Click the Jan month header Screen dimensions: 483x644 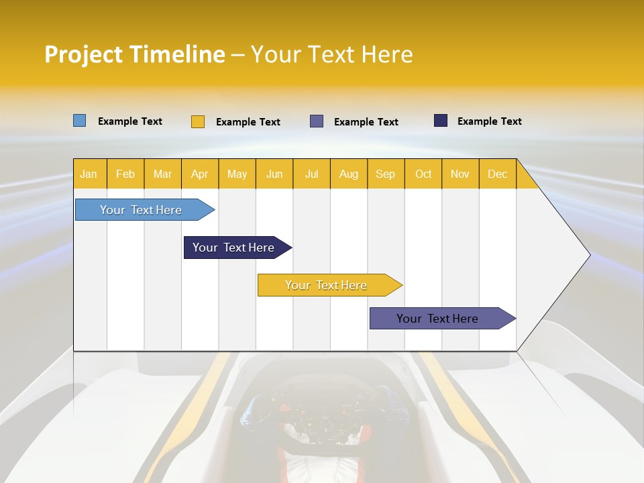coord(89,174)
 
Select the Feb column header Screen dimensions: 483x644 coord(125,174)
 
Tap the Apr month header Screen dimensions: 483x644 coord(199,174)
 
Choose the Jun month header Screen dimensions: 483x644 coord(274,174)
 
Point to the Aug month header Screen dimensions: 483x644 coord(348,174)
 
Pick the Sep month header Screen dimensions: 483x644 coord(385,174)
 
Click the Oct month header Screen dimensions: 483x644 coord(423,174)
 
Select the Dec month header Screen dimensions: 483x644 coord(497,174)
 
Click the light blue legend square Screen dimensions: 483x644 coord(79,121)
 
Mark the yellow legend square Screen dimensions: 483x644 coord(198,121)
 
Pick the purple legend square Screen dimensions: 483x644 coord(317,121)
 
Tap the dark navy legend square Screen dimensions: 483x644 coord(441,121)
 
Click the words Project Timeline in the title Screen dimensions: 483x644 coord(134,54)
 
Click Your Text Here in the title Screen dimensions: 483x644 coord(332,54)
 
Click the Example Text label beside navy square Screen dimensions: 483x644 coord(489,121)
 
